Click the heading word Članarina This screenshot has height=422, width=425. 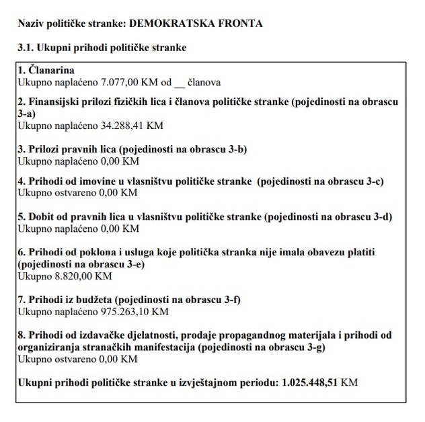[51, 71]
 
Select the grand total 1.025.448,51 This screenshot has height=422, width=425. [304, 382]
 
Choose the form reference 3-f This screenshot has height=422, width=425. [227, 300]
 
